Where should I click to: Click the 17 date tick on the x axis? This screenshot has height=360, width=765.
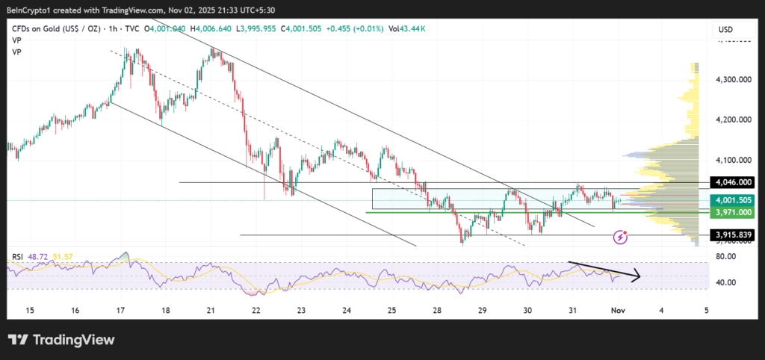[120, 309]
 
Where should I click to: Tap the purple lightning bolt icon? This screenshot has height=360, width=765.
[620, 237]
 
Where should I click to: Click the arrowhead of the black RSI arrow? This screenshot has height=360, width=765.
[637, 278]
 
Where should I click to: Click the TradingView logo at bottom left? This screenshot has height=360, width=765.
[61, 340]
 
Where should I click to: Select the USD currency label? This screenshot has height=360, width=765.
[725, 30]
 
